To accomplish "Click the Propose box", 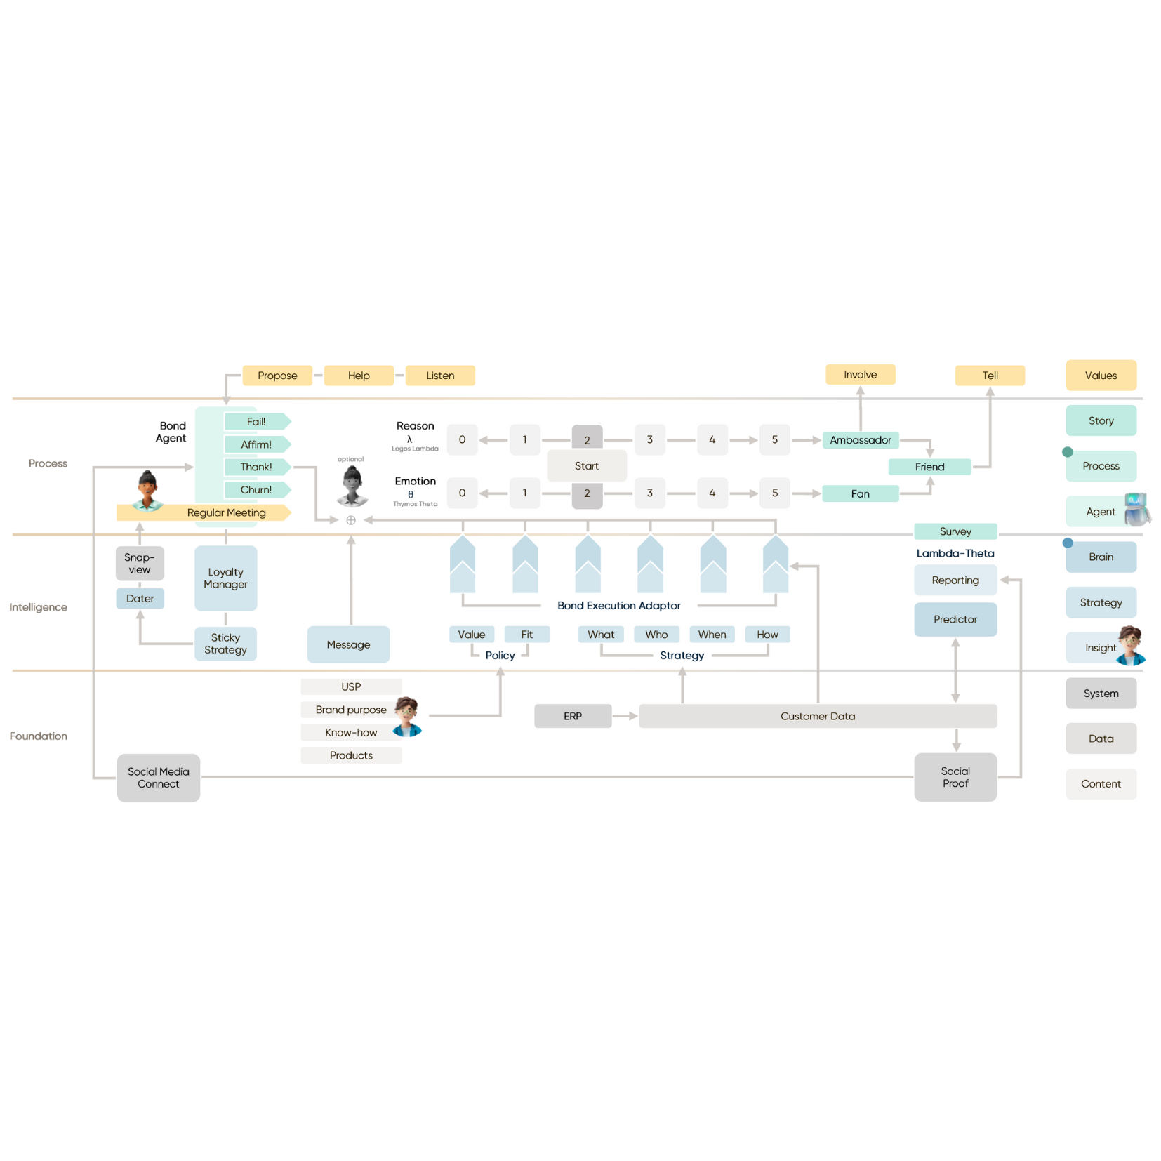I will pos(277,376).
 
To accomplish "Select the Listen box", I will pos(440,376).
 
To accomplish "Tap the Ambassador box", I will pos(861,440).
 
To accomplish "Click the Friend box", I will pos(929,467).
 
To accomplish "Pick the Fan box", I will pos(861,493).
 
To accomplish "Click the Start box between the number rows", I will pos(587,466).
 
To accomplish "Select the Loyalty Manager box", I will pos(225,578).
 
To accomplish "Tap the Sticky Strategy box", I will pos(225,644).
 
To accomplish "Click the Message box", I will pos(348,644).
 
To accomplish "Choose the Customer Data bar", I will pos(818,716).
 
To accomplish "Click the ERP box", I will pos(573,716).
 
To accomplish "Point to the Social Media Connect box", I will pos(159,778).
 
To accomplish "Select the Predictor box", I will pos(955,619).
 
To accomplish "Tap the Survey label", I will pos(955,531).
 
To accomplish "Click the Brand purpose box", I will pos(351,710).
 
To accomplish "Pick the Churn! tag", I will pos(256,490).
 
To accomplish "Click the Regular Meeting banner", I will pos(226,512).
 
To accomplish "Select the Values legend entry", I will pos(1101,376).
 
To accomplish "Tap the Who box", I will pos(656,635).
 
